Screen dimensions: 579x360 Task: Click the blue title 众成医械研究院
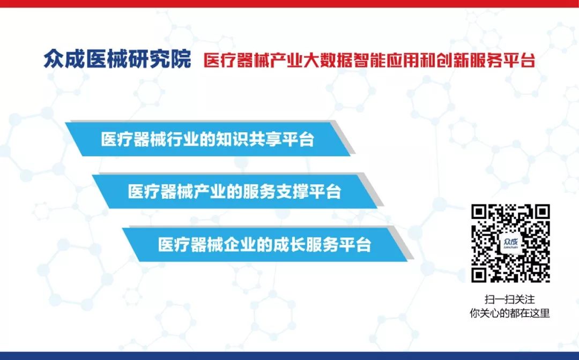point(117,59)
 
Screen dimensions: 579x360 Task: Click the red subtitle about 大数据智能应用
point(369,61)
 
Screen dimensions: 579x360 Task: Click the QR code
point(510,243)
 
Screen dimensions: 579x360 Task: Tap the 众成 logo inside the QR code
point(511,243)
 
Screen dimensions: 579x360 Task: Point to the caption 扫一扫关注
point(510,299)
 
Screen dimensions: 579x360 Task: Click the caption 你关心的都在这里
point(510,313)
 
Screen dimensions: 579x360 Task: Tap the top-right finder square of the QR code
point(541,213)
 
